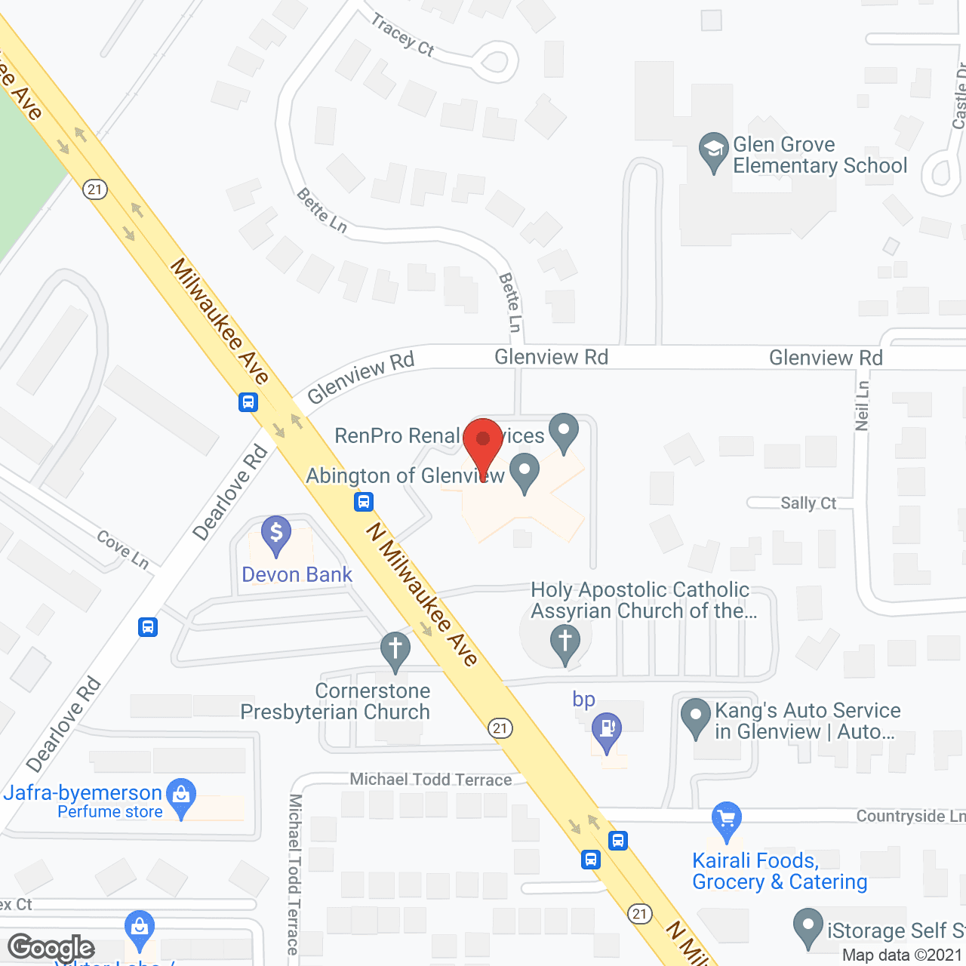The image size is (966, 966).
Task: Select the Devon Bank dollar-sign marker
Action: click(276, 534)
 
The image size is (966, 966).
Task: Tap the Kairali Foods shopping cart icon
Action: click(726, 820)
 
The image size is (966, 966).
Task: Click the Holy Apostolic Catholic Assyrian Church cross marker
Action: click(565, 644)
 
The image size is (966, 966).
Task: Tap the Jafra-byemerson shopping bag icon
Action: click(181, 795)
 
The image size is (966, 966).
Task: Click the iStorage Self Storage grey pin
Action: click(808, 927)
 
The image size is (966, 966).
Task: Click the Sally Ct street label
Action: click(808, 503)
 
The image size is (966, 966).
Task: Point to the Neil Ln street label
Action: click(862, 406)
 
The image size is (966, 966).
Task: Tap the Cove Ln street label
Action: click(123, 549)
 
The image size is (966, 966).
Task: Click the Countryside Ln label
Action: click(910, 816)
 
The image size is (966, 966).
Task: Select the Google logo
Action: click(51, 948)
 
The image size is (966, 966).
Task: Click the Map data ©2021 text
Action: click(903, 955)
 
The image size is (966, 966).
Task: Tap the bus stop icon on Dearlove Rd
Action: click(148, 627)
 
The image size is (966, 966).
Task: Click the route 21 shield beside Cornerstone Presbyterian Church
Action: click(500, 728)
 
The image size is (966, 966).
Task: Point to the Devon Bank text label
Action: click(297, 574)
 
